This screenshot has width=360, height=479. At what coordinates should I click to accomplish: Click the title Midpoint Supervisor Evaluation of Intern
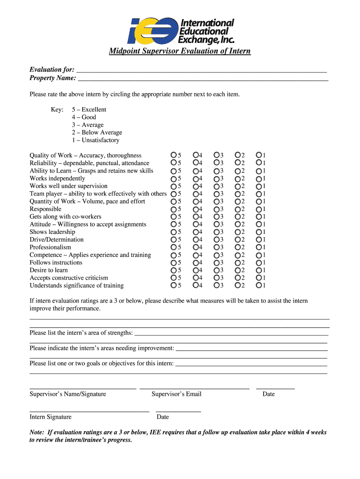point(180,51)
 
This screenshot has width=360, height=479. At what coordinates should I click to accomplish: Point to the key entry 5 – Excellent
point(89,109)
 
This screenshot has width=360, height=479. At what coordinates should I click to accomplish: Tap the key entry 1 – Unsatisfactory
point(95,140)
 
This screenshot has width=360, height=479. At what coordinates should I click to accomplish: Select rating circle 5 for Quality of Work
point(173,155)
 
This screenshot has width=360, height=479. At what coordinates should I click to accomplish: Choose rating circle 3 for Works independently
point(216,179)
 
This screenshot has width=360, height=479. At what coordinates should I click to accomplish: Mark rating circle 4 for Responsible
point(195,209)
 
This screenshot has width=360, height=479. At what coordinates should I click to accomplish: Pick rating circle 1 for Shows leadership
point(259,232)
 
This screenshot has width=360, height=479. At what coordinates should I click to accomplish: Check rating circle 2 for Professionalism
point(238,247)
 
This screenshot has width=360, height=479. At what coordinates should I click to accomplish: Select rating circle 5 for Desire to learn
point(173,270)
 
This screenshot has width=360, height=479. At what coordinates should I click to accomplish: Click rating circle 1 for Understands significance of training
point(259,285)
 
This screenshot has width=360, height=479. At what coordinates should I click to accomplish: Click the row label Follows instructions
point(56,262)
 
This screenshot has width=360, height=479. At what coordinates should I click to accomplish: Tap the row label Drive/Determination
point(57,239)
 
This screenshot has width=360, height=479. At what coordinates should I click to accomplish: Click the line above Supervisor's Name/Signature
point(83,388)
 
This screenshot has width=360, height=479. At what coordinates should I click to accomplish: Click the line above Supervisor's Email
point(194,388)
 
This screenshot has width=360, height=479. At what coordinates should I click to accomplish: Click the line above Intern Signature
point(89,411)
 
